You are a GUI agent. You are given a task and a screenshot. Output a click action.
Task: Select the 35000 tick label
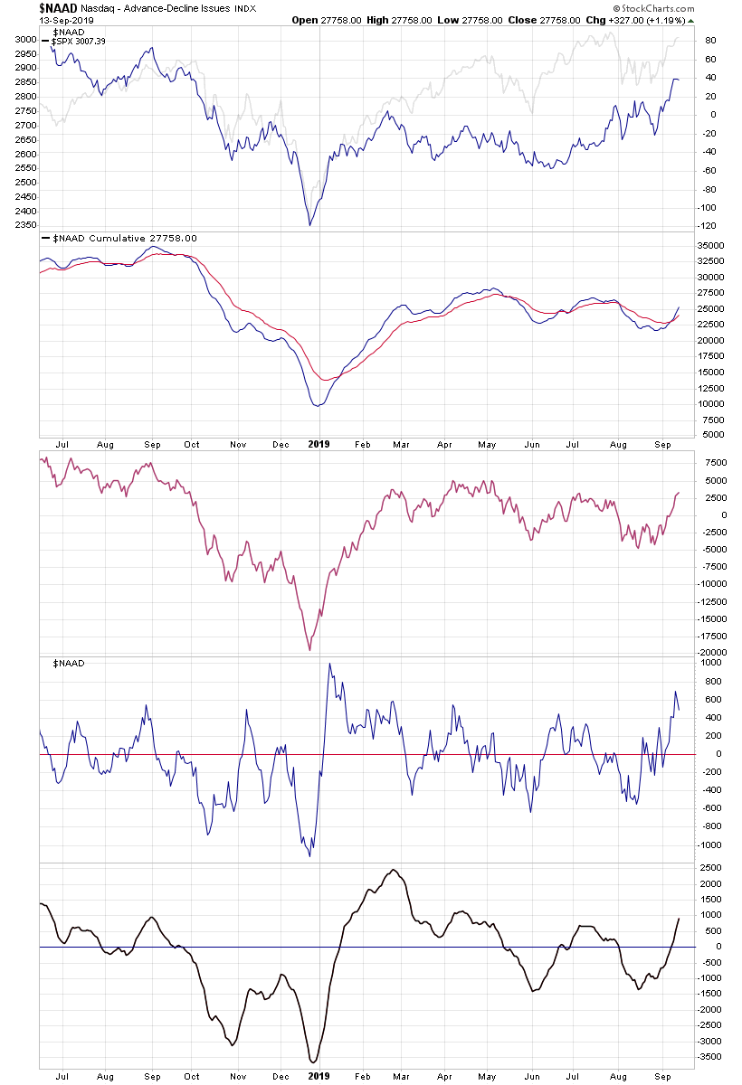(709, 245)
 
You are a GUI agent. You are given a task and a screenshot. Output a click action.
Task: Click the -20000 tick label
(709, 652)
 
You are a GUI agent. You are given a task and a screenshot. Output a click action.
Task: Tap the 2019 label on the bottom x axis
(319, 1076)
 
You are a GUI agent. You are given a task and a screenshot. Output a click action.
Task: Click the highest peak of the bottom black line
(393, 870)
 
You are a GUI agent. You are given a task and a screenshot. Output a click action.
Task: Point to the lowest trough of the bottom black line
(313, 1062)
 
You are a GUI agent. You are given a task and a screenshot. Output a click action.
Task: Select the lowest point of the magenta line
(309, 650)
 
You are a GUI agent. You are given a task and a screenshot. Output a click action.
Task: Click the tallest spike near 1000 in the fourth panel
(329, 664)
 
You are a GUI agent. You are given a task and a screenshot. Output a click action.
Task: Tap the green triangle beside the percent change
(691, 20)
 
